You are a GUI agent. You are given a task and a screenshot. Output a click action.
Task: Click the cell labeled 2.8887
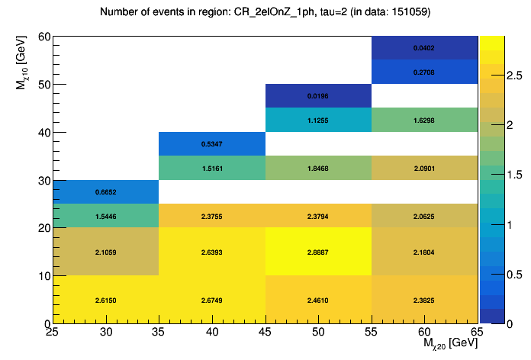pyautogui.click(x=317, y=252)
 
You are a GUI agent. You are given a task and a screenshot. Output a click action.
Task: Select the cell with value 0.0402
pyautogui.click(x=423, y=48)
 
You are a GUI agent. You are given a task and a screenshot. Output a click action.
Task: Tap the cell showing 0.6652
pyautogui.click(x=106, y=192)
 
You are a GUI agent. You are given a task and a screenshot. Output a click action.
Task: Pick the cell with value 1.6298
pyautogui.click(x=423, y=120)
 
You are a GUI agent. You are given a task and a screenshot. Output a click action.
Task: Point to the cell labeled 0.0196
pyautogui.click(x=317, y=96)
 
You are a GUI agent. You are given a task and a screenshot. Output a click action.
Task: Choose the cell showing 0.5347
pyautogui.click(x=211, y=144)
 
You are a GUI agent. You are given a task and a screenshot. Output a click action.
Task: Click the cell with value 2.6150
pyautogui.click(x=106, y=300)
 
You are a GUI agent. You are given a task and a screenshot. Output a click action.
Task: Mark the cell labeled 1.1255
pyautogui.click(x=317, y=120)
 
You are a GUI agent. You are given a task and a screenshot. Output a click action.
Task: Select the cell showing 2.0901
pyautogui.click(x=423, y=168)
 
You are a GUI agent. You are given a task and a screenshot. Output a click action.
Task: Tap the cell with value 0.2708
pyautogui.click(x=423, y=72)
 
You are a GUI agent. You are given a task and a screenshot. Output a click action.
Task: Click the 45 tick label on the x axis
pyautogui.click(x=265, y=333)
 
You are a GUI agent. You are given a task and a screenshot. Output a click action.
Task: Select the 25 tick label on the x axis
pyautogui.click(x=53, y=333)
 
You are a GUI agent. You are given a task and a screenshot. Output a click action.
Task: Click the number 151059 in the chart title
pyautogui.click(x=411, y=13)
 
